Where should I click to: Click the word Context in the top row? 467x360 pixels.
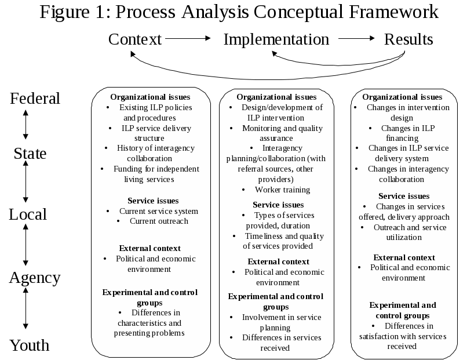[135, 39]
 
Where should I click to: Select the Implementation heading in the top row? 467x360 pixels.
[276, 39]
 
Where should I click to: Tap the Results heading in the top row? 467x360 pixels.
[408, 39]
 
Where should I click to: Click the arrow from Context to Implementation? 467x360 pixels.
[188, 39]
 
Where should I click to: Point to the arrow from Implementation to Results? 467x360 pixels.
[356, 39]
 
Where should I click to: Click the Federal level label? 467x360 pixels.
[35, 99]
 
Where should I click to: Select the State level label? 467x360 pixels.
[30, 154]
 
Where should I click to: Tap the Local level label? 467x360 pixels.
[27, 214]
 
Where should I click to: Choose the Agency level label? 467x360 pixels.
[35, 278]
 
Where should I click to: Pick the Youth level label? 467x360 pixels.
[30, 346]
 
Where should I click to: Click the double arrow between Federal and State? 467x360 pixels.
[25, 126]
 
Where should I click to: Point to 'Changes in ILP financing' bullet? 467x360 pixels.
[404, 133]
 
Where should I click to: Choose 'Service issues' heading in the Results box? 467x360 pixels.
[404, 196]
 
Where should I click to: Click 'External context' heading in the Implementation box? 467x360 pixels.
[278, 261]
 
